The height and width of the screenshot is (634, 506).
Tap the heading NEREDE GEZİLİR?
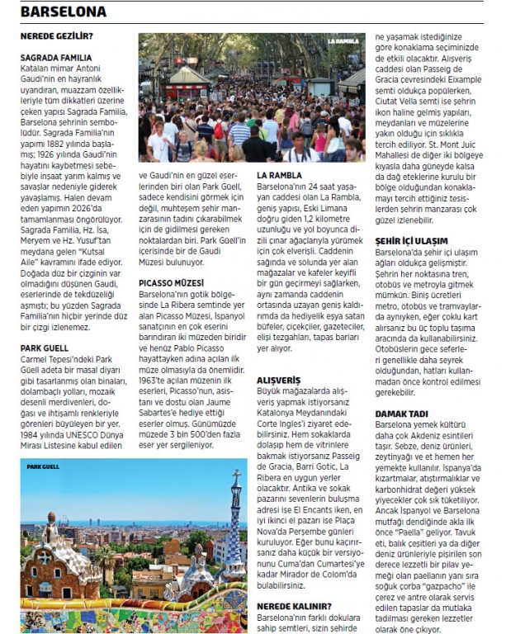[56, 36]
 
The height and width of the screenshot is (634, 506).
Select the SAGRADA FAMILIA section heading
[55, 58]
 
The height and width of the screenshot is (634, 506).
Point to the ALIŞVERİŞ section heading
[278, 381]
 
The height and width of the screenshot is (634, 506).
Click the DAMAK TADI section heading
[402, 412]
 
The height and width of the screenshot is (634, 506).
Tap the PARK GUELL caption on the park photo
[43, 467]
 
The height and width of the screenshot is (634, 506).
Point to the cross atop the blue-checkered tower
[236, 476]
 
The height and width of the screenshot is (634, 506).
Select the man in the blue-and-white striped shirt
[240, 132]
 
